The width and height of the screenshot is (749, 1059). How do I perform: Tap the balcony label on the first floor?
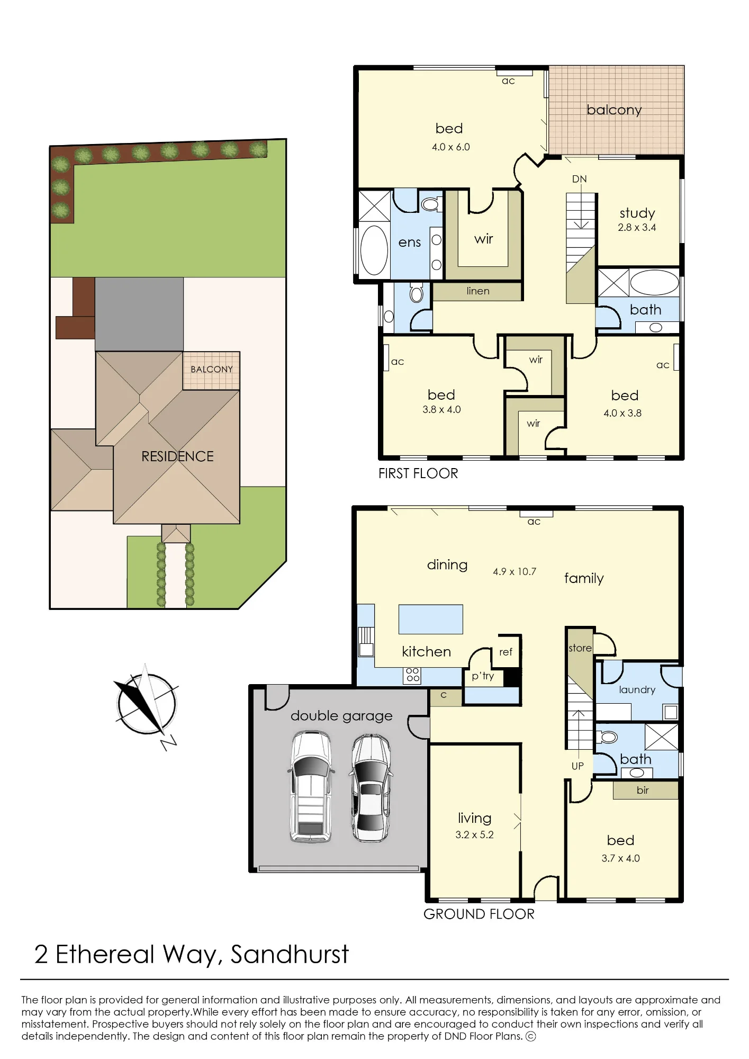pos(614,110)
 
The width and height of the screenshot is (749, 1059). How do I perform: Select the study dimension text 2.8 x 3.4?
pos(637,227)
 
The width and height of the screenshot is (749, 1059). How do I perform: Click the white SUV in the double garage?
pos(311,787)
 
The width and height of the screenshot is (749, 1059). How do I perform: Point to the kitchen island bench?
pos(431,619)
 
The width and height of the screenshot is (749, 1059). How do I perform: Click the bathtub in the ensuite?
pos(374,250)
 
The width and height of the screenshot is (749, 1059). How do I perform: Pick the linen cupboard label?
pos(478,291)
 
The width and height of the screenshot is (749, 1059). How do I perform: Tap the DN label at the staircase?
pos(580,179)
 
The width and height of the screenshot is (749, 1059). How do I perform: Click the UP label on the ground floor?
pos(577,766)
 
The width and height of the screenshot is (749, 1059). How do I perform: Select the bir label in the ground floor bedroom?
pos(643,790)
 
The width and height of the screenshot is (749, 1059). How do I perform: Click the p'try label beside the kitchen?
pos(483,676)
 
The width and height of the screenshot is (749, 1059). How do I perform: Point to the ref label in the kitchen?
pos(506,652)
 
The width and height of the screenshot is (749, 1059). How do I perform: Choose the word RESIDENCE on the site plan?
pos(177,456)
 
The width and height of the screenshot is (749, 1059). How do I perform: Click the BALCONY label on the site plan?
pos(212,369)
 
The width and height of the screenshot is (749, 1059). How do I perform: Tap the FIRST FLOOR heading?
pos(418,473)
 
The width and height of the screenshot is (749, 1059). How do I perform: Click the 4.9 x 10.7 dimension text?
pos(515,571)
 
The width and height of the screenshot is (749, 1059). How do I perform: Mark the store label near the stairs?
pos(580,648)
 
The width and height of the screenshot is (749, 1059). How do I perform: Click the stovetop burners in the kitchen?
pos(413,675)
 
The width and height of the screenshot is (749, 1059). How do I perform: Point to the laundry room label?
pos(637,690)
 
